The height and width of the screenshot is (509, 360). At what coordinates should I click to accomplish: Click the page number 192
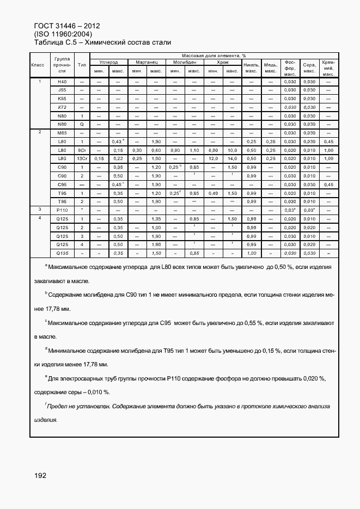coord(40,475)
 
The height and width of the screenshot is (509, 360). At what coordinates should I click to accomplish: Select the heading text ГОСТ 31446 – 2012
coord(66,26)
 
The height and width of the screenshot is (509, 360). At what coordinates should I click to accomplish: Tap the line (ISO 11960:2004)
coord(63,34)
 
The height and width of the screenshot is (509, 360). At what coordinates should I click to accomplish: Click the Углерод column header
coord(108,63)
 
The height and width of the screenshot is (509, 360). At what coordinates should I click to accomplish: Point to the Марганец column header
coord(147,63)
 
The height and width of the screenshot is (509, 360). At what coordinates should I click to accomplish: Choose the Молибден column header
coord(184,63)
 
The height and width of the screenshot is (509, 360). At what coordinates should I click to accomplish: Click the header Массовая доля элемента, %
coord(213,56)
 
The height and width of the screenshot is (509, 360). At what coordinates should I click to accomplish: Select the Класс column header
coord(38,65)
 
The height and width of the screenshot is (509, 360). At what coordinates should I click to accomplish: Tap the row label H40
coord(62,81)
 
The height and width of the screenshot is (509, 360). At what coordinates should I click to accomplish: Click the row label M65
coord(62,133)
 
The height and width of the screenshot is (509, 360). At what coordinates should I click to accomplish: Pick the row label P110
coord(62,210)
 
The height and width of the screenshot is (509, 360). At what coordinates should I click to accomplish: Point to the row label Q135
coord(62,253)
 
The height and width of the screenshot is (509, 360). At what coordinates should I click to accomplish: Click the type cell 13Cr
coord(82,158)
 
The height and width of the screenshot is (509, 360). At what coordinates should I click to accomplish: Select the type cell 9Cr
coord(82,150)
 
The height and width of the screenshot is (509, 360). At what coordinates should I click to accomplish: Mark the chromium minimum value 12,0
coord(213,158)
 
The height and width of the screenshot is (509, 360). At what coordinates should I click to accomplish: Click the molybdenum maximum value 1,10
coord(194,150)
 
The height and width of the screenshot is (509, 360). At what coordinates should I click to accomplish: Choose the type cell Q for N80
coord(82,124)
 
